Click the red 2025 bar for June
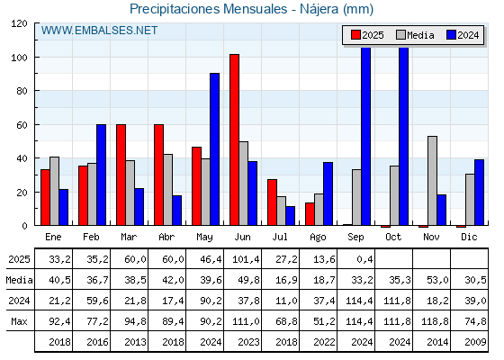(x=234, y=139)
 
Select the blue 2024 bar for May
(x=215, y=149)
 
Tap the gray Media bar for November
(x=432, y=181)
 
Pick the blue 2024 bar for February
(x=101, y=175)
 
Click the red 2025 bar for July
(x=272, y=202)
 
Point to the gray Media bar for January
(x=54, y=191)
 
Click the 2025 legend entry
(x=367, y=35)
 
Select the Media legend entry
(x=415, y=35)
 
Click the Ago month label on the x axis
(x=318, y=238)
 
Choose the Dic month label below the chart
(x=469, y=237)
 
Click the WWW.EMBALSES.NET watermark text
(x=99, y=31)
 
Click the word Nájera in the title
(x=319, y=9)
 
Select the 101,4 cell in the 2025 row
(x=246, y=259)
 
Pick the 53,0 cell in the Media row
(x=437, y=280)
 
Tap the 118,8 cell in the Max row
(x=435, y=321)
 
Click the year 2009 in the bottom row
(x=475, y=342)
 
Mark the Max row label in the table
(x=19, y=321)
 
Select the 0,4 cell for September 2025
(x=364, y=259)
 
